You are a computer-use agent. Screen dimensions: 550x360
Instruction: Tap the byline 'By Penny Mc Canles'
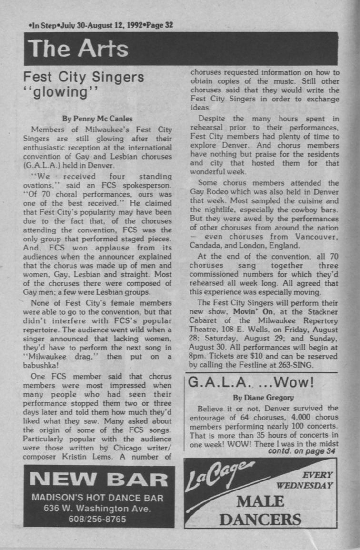[99, 118]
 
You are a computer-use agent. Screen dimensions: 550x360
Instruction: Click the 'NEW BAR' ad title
[99, 480]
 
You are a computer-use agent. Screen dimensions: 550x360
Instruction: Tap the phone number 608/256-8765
[98, 519]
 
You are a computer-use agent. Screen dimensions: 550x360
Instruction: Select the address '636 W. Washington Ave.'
[98, 508]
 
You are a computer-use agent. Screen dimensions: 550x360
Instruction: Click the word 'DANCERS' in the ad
[260, 519]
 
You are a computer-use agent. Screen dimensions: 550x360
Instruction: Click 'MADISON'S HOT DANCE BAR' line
[98, 498]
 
